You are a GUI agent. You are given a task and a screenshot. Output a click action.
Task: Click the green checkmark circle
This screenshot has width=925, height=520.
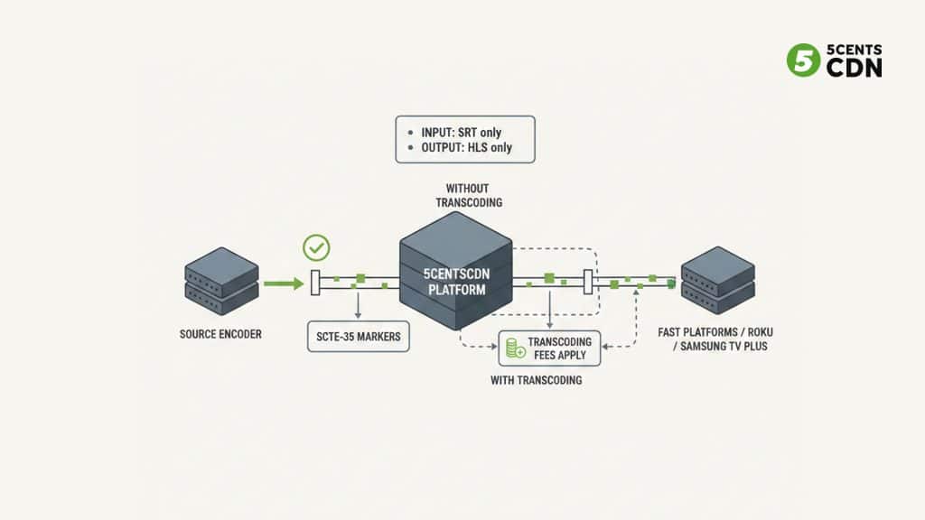coord(316,247)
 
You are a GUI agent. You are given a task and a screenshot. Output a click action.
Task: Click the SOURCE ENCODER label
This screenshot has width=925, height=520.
coord(221,334)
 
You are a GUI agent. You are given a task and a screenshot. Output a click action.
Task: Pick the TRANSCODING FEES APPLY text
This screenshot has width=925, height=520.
coord(560,348)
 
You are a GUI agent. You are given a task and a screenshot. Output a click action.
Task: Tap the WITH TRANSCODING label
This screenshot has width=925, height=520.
coord(536,380)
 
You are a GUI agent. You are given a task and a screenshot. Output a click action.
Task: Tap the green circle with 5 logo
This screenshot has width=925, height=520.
coord(802,60)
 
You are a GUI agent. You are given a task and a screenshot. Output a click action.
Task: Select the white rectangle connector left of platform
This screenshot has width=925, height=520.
coord(314,283)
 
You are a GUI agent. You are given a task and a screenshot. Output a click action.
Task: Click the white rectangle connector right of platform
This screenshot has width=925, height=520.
coord(588,282)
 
